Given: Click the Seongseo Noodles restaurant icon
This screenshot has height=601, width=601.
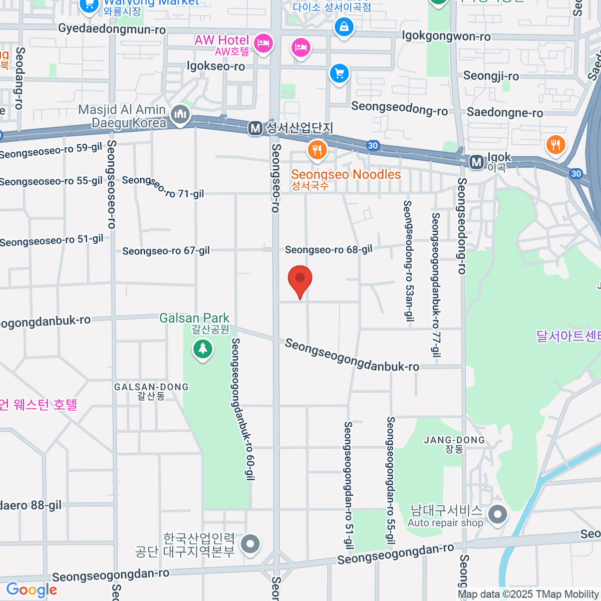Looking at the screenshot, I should (x=317, y=149).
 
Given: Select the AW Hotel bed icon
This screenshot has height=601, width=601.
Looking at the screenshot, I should (x=262, y=43).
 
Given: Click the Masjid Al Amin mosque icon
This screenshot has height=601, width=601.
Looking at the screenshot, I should (x=180, y=114).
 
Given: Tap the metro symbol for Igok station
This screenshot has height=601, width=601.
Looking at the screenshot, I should (x=476, y=162).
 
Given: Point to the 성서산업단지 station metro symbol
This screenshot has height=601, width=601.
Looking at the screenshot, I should (x=255, y=129).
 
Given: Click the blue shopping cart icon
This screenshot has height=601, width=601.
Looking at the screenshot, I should (x=339, y=74).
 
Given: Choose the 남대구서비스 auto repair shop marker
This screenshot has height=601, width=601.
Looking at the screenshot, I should (x=497, y=514).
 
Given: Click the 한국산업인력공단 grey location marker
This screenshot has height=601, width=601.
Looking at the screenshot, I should (x=250, y=543).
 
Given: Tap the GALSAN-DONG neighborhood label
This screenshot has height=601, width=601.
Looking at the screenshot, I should (x=151, y=387).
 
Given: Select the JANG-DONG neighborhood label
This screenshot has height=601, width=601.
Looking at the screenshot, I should (x=454, y=440).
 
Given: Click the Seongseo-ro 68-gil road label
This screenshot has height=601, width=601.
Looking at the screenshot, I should (x=329, y=249).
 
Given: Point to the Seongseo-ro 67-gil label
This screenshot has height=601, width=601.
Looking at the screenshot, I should (x=166, y=250).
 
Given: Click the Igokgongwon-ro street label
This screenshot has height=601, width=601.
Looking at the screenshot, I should (x=446, y=36).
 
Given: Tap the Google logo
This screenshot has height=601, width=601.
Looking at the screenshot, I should (x=32, y=590).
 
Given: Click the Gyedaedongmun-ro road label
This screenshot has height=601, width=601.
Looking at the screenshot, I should (x=112, y=29).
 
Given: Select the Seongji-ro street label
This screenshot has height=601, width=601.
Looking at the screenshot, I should (x=491, y=76).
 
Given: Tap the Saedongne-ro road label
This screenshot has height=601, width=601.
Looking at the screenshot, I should (x=505, y=113).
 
